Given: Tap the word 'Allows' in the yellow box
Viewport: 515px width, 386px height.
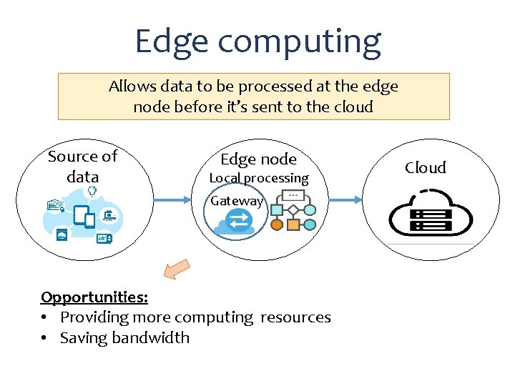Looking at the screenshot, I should (132, 86).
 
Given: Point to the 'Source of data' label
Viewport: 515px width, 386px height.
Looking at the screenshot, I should (82, 166).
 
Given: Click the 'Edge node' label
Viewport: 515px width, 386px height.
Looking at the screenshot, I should (257, 159).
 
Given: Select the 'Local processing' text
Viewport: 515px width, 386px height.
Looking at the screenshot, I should (258, 178).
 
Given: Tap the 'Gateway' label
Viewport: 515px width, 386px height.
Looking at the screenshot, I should (237, 201).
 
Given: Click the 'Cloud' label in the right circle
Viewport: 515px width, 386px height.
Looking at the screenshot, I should (425, 168).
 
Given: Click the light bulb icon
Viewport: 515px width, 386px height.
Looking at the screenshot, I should (92, 191).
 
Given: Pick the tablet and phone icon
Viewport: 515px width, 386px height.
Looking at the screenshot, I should (85, 216).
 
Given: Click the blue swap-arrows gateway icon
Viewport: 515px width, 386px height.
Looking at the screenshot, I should (238, 220).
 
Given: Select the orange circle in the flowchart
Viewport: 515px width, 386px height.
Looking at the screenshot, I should (277, 224).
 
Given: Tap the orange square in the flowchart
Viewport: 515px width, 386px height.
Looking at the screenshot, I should (293, 224).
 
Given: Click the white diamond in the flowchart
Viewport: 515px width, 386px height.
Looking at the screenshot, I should (293, 210).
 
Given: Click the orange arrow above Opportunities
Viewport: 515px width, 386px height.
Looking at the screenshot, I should (176, 269).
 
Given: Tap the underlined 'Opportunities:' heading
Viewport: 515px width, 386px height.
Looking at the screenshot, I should (94, 297).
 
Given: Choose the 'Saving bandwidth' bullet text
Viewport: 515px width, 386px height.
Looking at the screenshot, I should (124, 337).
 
